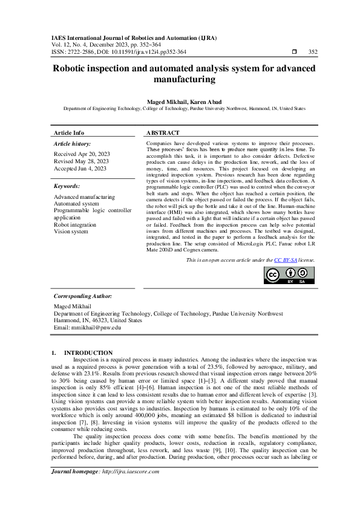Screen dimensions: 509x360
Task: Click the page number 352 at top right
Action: [x=313, y=52]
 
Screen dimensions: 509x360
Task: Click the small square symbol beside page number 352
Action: [x=294, y=52]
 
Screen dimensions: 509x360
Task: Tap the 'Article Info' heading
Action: [x=69, y=132]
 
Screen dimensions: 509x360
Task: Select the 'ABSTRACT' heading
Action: [x=163, y=132]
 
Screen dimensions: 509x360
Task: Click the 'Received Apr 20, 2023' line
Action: [x=82, y=155]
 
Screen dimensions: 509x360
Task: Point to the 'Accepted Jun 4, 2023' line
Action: [x=80, y=169]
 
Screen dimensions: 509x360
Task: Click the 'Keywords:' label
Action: [x=67, y=186]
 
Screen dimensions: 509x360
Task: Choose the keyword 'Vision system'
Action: [x=71, y=232]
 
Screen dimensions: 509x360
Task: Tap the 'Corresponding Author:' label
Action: [x=83, y=296]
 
